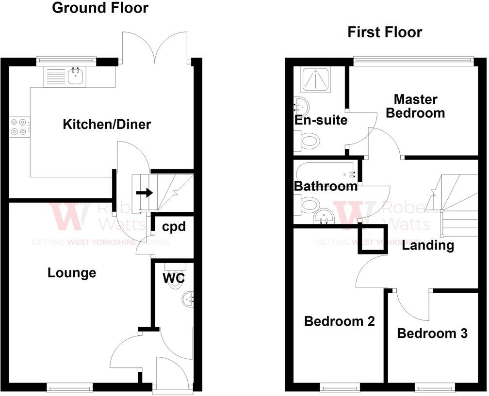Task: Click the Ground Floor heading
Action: pos(100,8)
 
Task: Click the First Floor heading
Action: pos(385,32)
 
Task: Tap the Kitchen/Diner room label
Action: pos(107,125)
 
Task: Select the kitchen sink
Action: pos(76,77)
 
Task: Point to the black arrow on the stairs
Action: pos(144,193)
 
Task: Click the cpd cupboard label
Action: pos(174,227)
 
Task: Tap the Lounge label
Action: pos(72,273)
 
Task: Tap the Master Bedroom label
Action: pos(419,106)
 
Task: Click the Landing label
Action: pos(427,245)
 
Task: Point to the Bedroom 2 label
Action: pos(339,321)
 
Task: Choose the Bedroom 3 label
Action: pos(432,333)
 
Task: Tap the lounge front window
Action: pos(69,386)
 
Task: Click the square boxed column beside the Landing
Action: pos(372,239)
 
